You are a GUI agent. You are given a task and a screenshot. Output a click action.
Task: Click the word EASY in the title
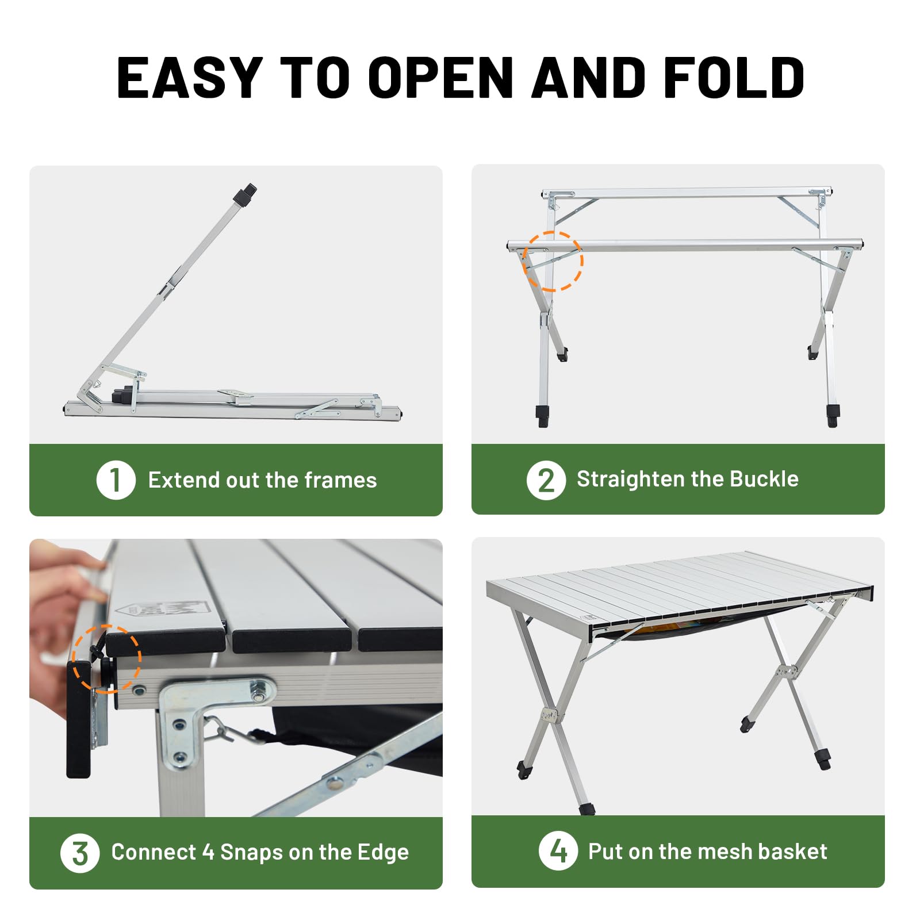pyautogui.click(x=190, y=78)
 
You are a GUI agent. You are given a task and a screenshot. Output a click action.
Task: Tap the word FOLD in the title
pyautogui.click(x=733, y=78)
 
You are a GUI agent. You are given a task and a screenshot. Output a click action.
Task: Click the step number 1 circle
pyautogui.click(x=116, y=480)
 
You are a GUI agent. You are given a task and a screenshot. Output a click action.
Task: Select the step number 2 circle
pyautogui.click(x=546, y=480)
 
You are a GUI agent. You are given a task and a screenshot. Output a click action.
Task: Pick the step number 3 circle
pyautogui.click(x=80, y=853)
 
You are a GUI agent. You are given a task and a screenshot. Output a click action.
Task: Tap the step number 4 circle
pyautogui.click(x=558, y=851)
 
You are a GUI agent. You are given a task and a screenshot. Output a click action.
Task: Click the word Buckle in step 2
pyautogui.click(x=764, y=479)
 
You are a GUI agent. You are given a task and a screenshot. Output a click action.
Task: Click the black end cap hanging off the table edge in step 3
pyautogui.click(x=79, y=719)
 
